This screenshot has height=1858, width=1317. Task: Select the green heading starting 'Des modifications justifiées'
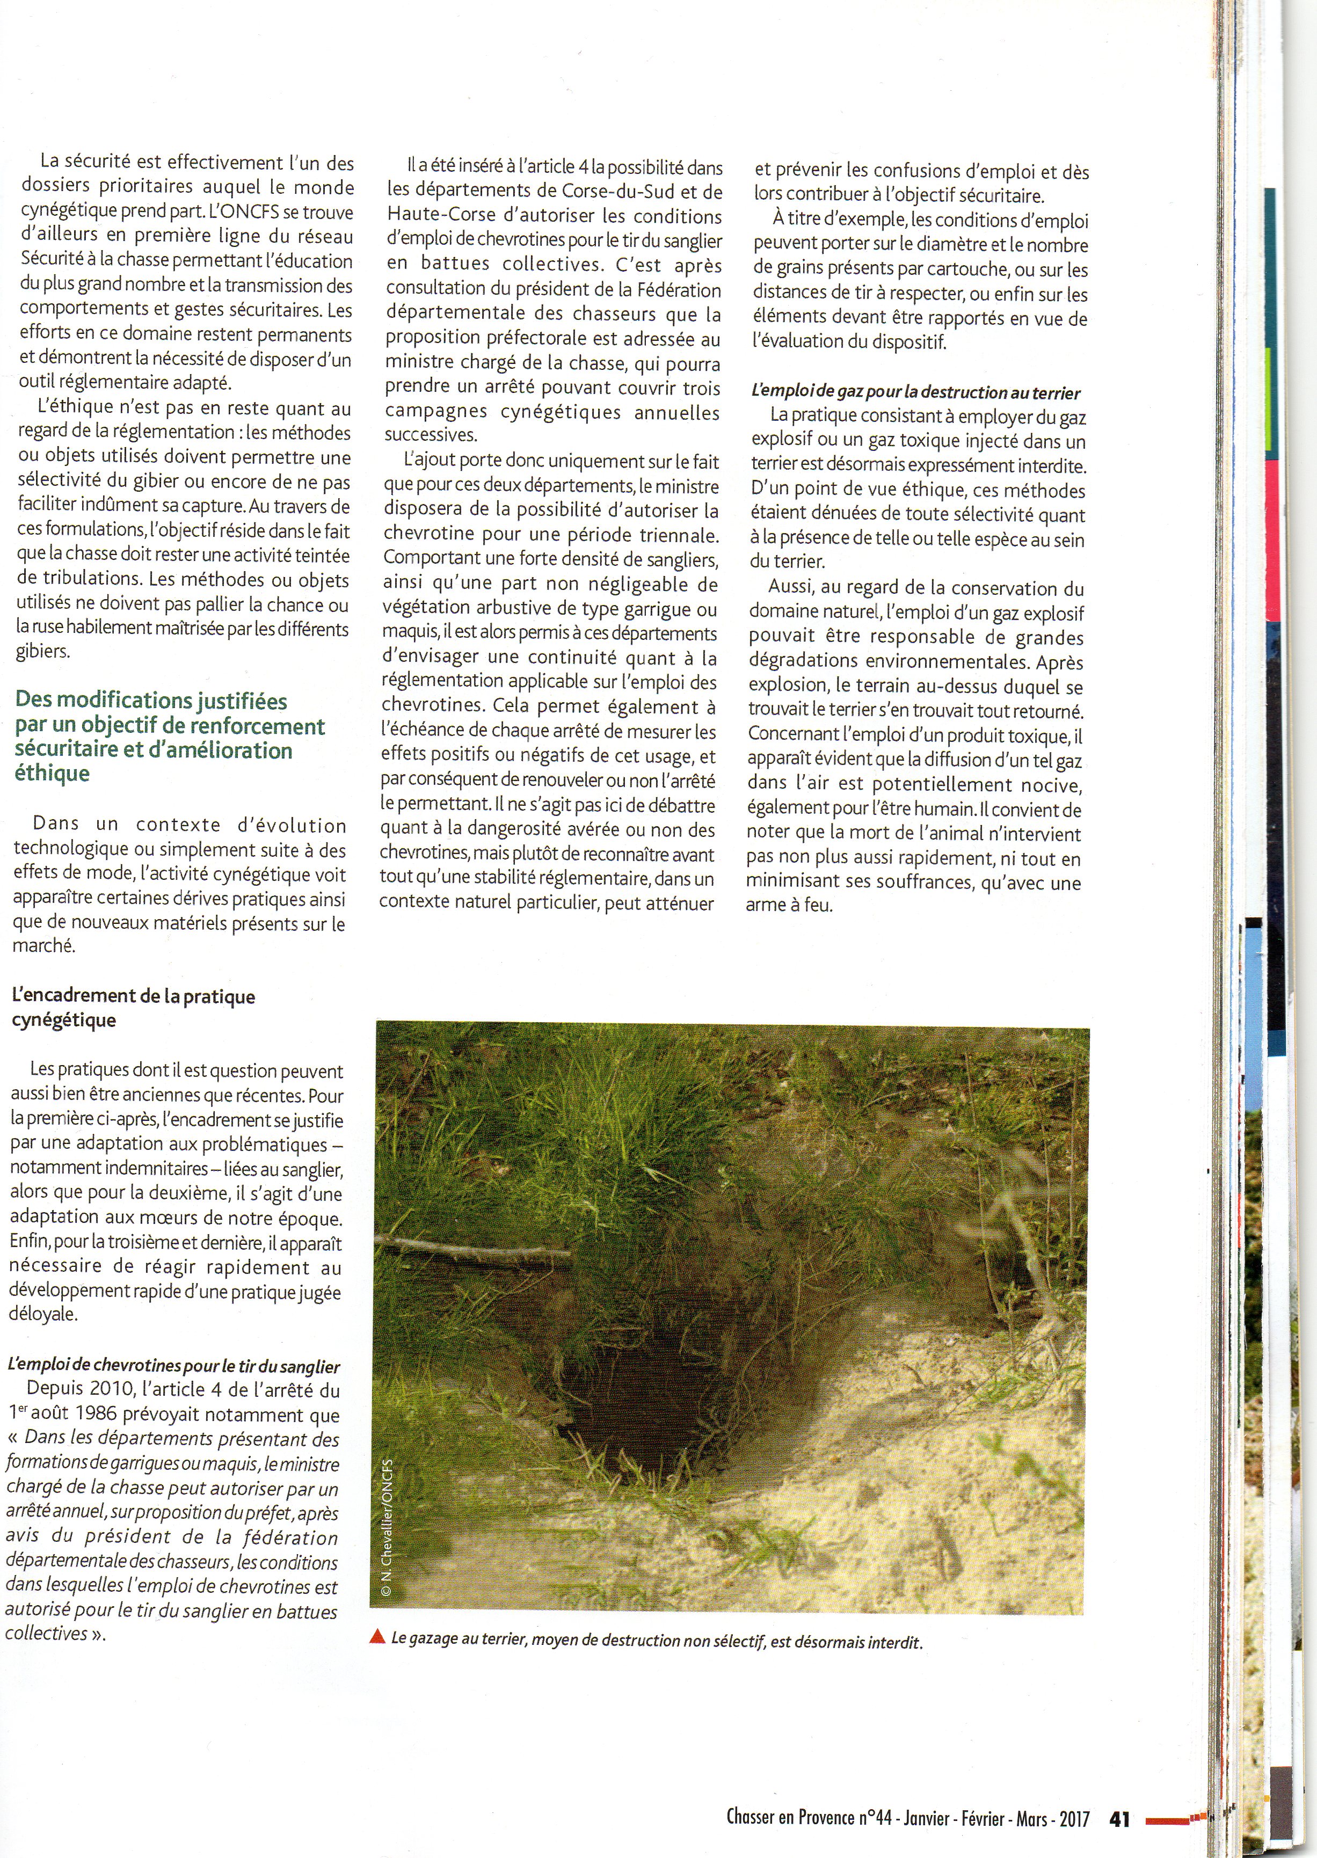point(170,737)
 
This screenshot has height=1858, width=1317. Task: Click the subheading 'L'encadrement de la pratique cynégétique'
point(133,1008)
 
